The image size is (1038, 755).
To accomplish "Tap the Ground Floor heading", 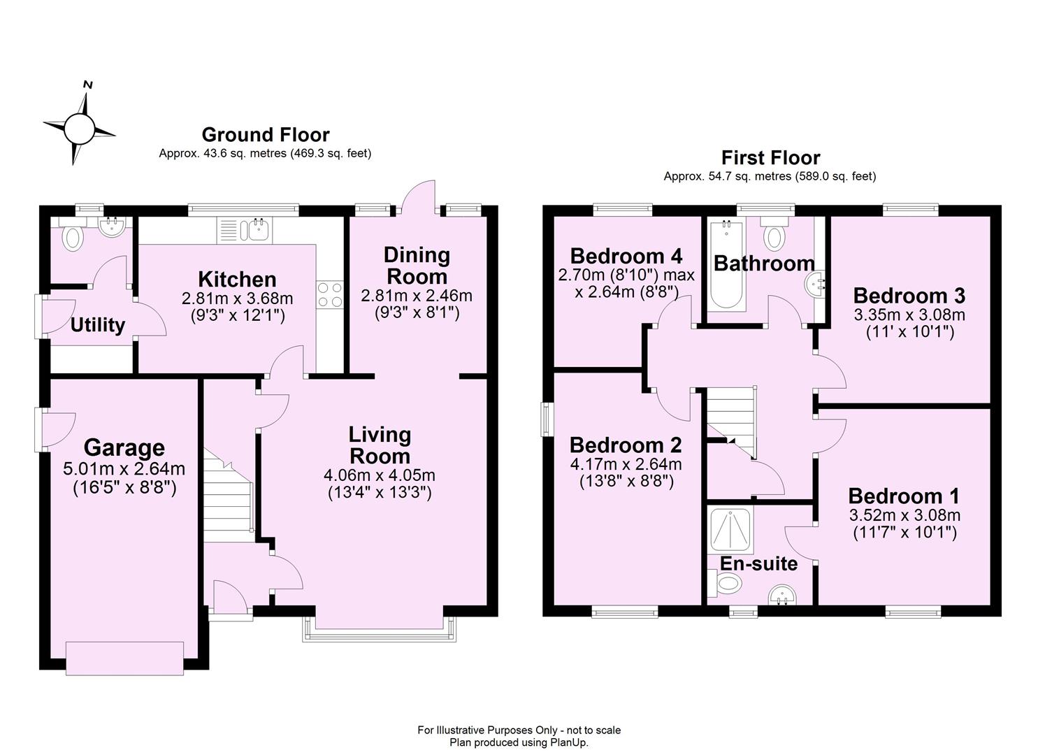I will pyautogui.click(x=265, y=134).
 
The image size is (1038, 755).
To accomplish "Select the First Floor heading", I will pyautogui.click(x=770, y=157).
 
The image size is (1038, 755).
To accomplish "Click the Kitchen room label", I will pyautogui.click(x=237, y=279).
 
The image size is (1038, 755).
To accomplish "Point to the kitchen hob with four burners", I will pyautogui.click(x=330, y=294).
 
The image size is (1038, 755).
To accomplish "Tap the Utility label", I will pyautogui.click(x=98, y=324).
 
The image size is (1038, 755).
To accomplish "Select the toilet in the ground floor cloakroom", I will pyautogui.click(x=72, y=238).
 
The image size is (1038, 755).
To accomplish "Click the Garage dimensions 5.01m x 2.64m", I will pyautogui.click(x=124, y=468).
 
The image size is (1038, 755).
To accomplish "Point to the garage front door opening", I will pyautogui.click(x=125, y=658).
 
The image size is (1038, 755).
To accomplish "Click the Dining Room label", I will pyautogui.click(x=417, y=265).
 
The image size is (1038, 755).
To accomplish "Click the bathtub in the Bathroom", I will pyautogui.click(x=727, y=266).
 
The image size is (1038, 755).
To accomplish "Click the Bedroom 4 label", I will pyautogui.click(x=626, y=255).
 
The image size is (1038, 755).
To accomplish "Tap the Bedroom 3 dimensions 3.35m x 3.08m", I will pyautogui.click(x=909, y=315).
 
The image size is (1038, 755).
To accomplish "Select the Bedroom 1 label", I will pyautogui.click(x=904, y=496).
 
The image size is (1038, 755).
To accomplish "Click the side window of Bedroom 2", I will pyautogui.click(x=547, y=419).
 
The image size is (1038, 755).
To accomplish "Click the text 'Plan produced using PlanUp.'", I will pyautogui.click(x=519, y=742).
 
